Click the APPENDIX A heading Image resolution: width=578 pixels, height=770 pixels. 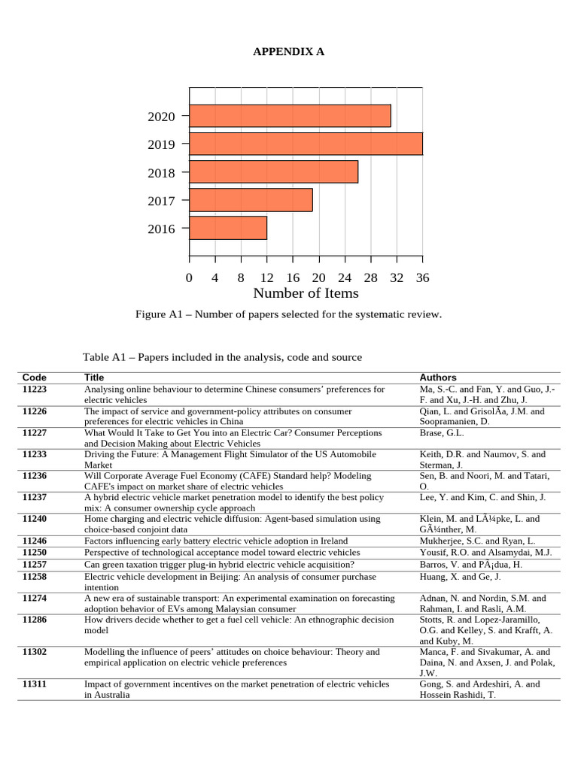coord(288,51)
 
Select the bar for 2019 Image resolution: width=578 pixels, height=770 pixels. coord(306,144)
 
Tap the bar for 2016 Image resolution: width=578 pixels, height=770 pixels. coord(228,228)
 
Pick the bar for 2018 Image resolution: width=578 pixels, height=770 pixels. coord(273,171)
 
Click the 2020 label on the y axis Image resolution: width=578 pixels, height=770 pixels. coord(161,117)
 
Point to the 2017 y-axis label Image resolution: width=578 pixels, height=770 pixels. coord(161,201)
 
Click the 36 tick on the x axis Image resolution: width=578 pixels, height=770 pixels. coord(422,278)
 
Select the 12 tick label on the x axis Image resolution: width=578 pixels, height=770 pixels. coord(266,278)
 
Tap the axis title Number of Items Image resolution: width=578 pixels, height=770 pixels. coord(306,294)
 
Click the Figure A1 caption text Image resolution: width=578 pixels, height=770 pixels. coord(288,314)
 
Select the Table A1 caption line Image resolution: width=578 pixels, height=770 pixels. coord(222,357)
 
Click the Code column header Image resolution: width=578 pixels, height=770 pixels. coord(35,377)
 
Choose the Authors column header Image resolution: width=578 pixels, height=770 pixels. coord(437,377)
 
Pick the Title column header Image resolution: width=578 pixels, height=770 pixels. coord(94,377)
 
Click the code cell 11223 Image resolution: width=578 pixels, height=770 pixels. coord(35,390)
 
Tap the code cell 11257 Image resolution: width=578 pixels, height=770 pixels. coord(35,565)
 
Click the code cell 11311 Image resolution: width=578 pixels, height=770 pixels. coord(35,684)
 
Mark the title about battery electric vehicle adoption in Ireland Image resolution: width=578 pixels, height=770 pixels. coord(216,541)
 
